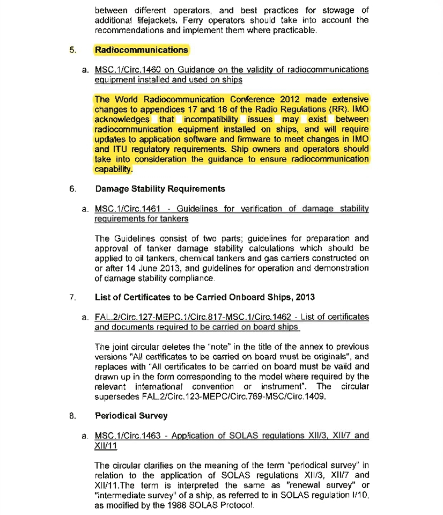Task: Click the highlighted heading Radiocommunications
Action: coord(142,50)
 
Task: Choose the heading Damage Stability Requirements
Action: coord(160,189)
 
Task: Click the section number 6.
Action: coord(72,189)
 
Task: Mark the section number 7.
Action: coord(72,297)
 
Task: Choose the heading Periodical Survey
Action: coord(131,416)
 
